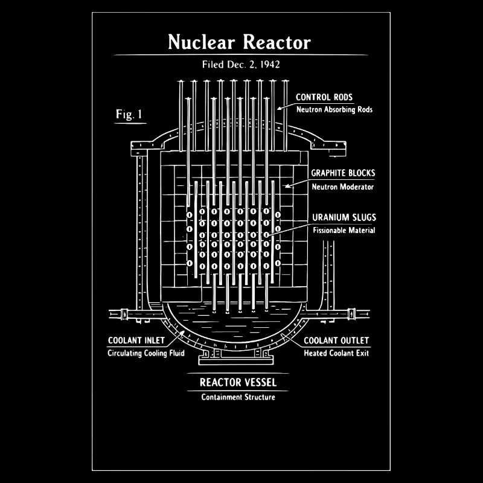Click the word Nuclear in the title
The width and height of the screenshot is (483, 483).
click(x=202, y=42)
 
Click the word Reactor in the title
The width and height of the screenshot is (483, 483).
click(x=277, y=42)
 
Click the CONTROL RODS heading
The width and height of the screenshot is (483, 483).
click(x=324, y=97)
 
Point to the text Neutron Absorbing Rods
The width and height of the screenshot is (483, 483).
click(x=334, y=110)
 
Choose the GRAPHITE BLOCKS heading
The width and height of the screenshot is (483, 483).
click(x=343, y=173)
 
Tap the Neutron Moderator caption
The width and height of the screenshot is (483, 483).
click(x=342, y=187)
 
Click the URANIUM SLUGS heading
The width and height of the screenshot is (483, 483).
click(x=344, y=217)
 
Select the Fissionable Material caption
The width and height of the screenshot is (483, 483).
click(x=344, y=230)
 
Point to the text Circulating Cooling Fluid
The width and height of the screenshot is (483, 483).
click(x=146, y=353)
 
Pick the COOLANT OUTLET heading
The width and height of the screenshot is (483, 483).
click(x=336, y=341)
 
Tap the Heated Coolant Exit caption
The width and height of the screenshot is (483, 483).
click(x=336, y=353)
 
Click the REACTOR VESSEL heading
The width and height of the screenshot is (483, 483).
click(x=238, y=382)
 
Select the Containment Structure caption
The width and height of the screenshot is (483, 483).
click(x=238, y=397)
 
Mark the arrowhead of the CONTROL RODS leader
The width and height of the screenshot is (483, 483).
click(x=279, y=108)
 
